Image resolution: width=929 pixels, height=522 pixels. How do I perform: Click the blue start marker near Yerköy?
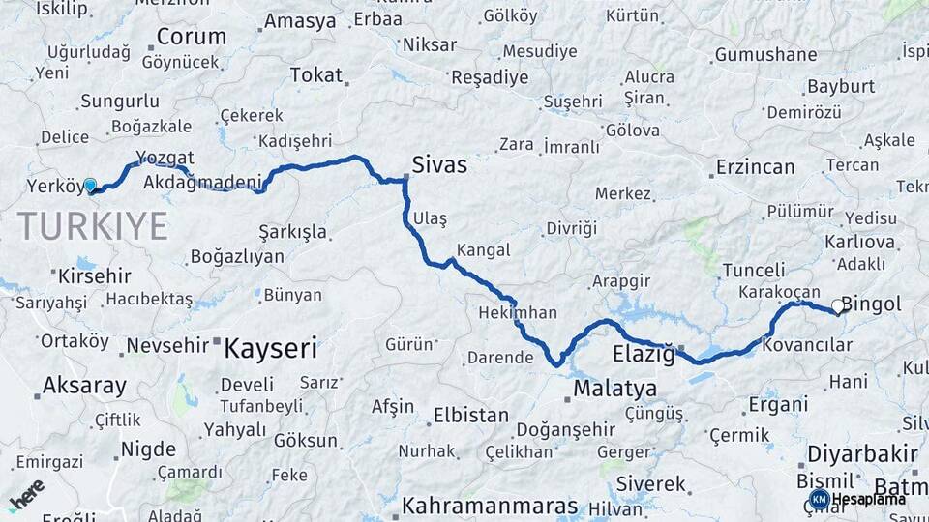pos(90,185)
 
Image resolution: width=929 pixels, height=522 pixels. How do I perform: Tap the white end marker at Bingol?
pos(838,306)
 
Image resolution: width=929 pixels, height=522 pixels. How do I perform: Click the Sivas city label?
pos(439,165)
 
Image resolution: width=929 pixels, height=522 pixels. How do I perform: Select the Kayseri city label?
pos(271,348)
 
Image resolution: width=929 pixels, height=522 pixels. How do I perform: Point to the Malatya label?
pos(614,389)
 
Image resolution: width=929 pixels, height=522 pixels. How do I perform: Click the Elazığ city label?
pos(644,354)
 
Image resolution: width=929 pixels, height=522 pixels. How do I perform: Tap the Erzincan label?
pos(755,167)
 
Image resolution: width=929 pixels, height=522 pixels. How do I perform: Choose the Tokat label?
pos(315,74)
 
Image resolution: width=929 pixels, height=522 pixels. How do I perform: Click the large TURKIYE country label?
pos(93,226)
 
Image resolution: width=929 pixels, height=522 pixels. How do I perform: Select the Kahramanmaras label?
pos(490,506)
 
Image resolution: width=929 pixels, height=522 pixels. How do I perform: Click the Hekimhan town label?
pos(518,313)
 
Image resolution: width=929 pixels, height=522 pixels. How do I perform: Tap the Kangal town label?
pos(483,250)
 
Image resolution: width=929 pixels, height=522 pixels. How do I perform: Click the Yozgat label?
pos(165,158)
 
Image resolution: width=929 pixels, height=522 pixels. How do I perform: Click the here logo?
pos(27,494)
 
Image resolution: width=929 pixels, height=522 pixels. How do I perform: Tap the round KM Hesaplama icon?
pos(820,499)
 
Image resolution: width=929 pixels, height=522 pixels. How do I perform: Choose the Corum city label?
pos(191,37)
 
